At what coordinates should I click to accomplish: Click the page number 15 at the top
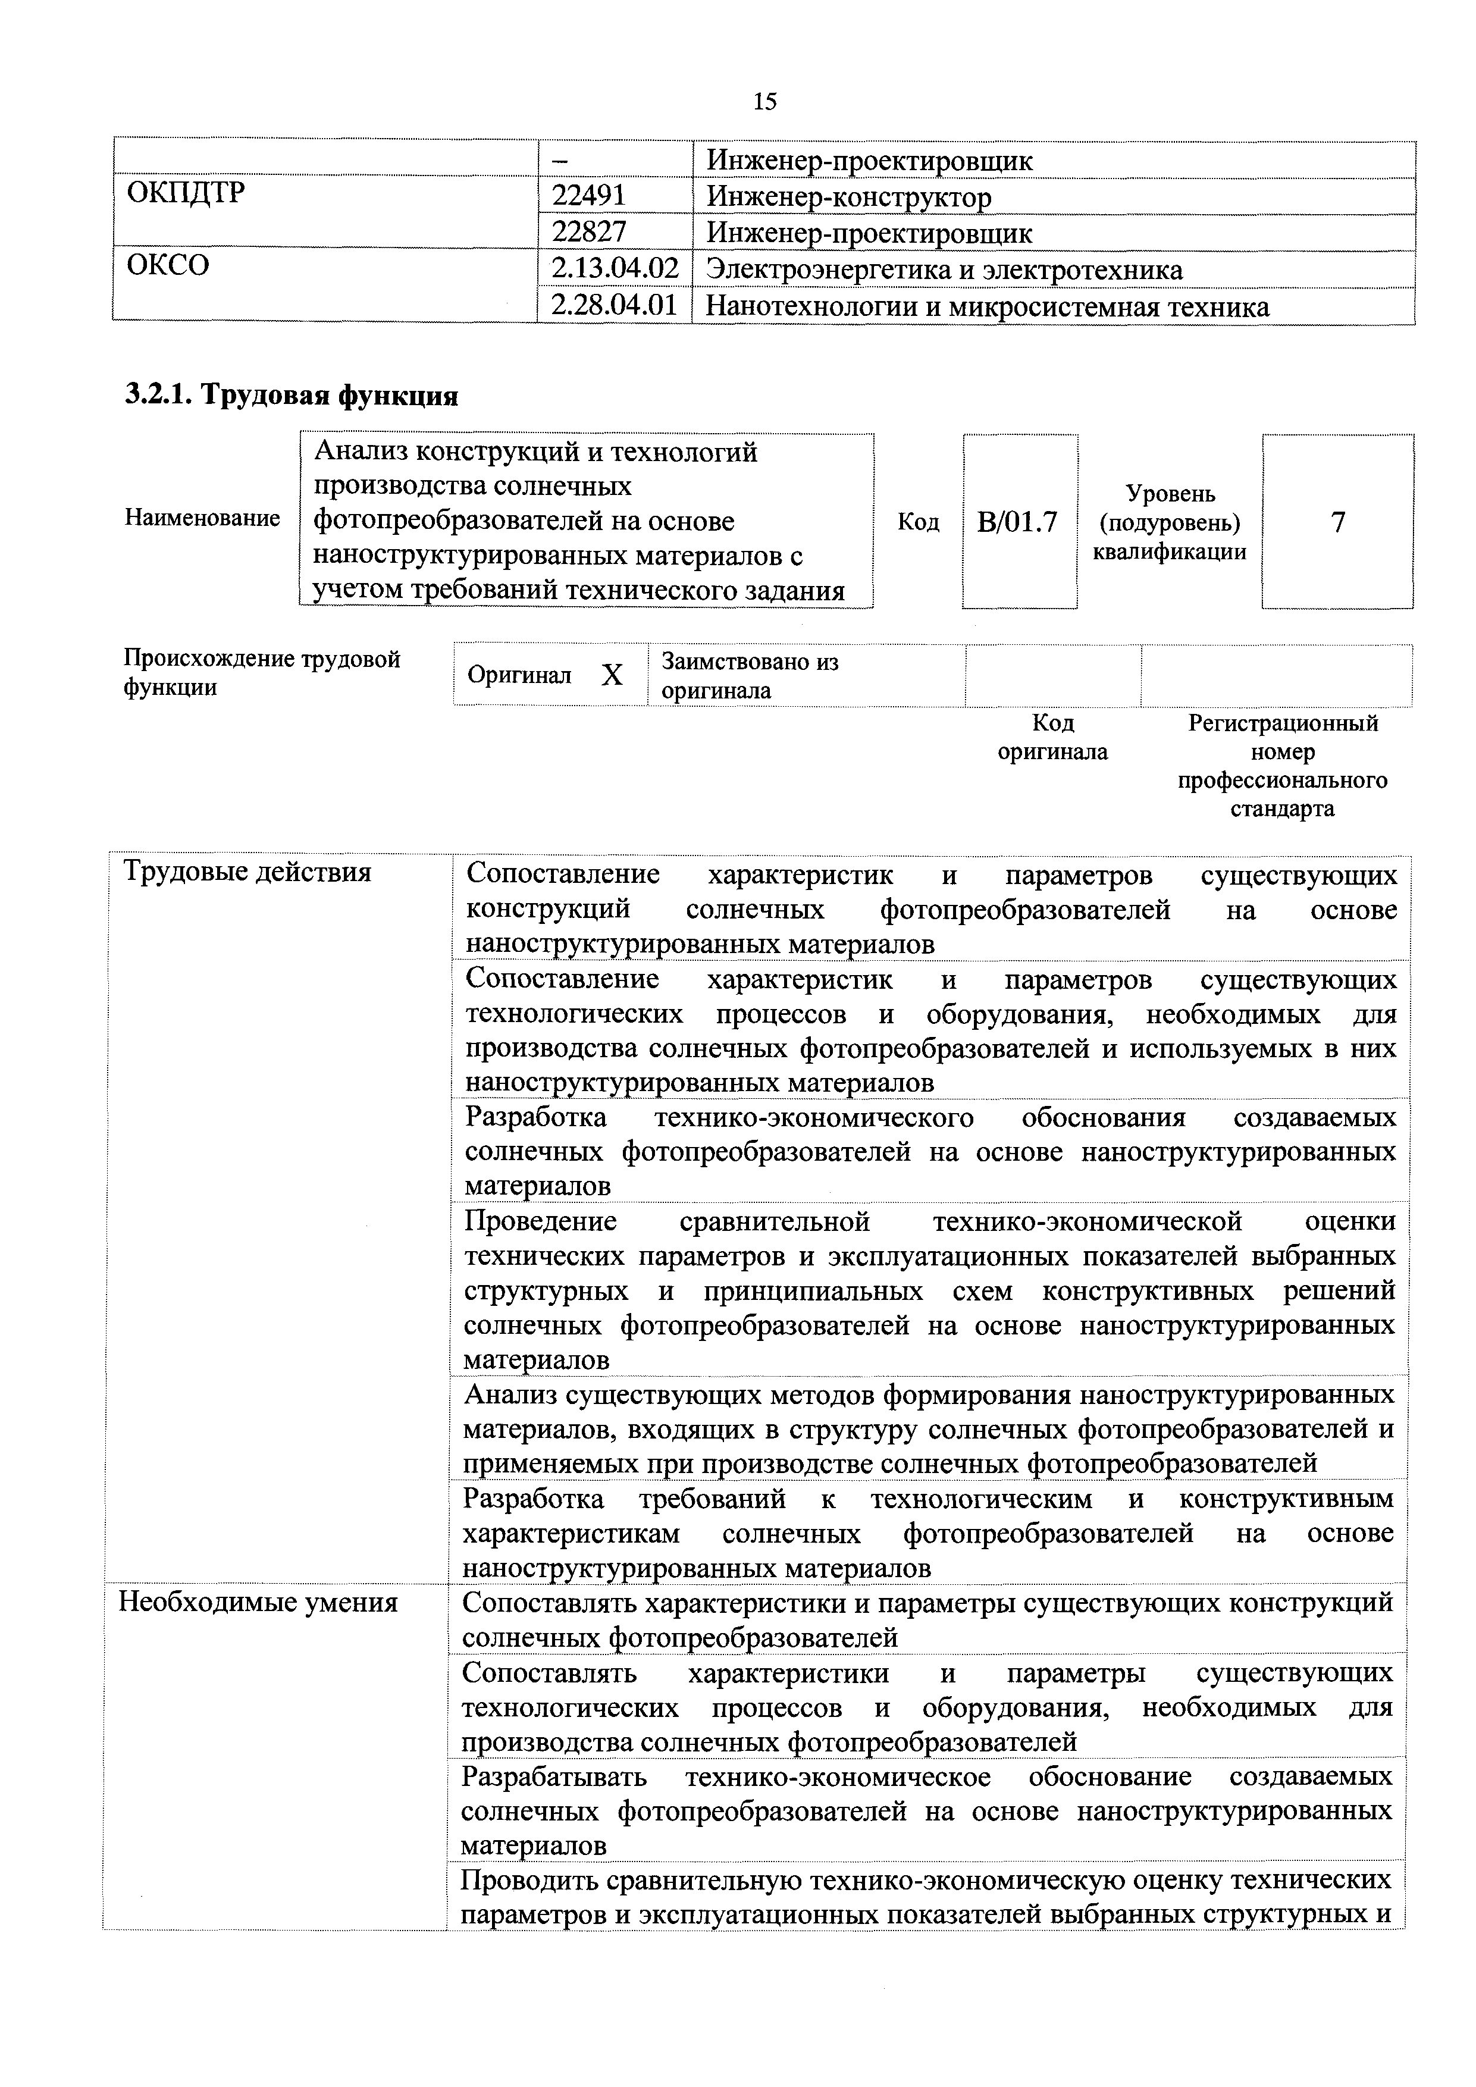[x=764, y=101]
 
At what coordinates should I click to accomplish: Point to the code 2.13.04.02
[x=615, y=269]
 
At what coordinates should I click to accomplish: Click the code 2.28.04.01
[x=615, y=305]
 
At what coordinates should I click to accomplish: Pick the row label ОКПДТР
[x=186, y=193]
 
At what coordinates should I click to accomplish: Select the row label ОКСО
[x=168, y=265]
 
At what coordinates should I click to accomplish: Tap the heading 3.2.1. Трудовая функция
[x=291, y=396]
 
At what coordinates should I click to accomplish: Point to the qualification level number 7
[x=1337, y=522]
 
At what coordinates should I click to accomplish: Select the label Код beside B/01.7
[x=918, y=522]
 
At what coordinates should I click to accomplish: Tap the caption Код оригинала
[x=1052, y=737]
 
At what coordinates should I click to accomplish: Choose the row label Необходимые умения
[x=258, y=1602]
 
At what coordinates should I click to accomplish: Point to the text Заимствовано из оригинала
[x=749, y=675]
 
